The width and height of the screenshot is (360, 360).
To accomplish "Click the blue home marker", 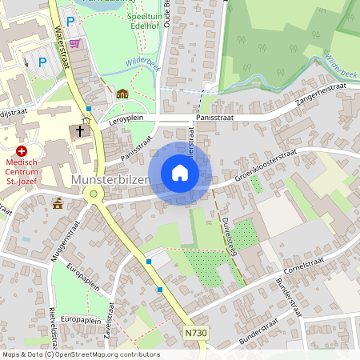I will click(180, 173).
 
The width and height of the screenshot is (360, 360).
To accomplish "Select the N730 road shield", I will click(195, 332).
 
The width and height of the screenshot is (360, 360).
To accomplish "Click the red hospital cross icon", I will click(22, 150).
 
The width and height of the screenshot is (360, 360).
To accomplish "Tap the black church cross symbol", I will click(80, 130).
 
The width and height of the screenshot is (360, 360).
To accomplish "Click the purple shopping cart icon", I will click(74, 43).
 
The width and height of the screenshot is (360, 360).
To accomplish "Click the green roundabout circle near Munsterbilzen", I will click(94, 193).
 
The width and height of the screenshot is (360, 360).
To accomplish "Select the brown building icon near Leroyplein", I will click(122, 94).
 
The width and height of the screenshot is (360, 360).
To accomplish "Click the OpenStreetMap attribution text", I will click(80, 354).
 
